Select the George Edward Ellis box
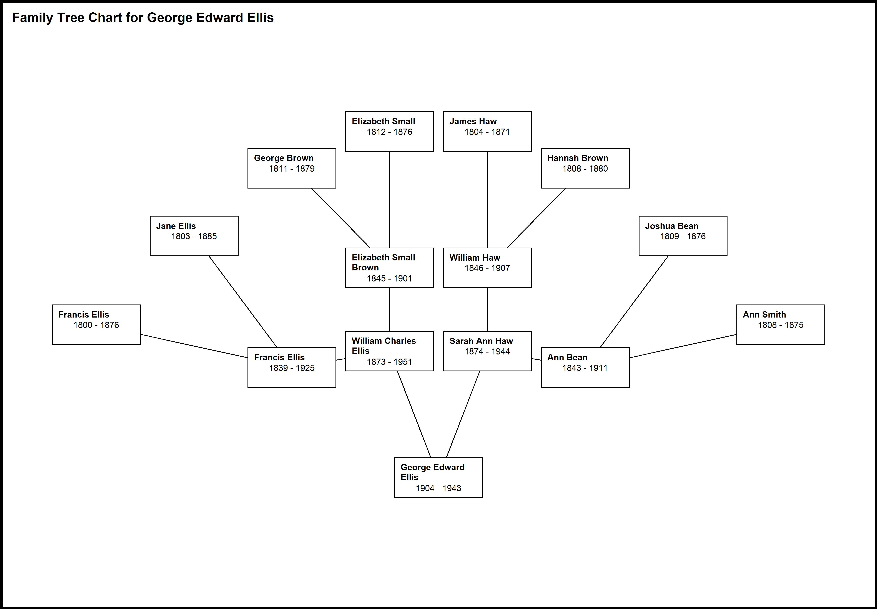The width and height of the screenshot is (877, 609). pos(438,477)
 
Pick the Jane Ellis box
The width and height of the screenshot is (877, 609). pos(194,236)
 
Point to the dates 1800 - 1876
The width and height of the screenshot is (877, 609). pos(96,325)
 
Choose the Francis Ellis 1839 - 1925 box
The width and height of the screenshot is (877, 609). pos(292,367)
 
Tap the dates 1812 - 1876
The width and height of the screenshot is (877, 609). pos(389,132)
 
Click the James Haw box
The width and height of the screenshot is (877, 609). pos(487,131)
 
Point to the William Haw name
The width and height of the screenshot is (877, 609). pos(475,258)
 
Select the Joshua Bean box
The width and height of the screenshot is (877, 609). pos(683,236)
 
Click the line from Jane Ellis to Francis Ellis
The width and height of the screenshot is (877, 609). pos(243,301)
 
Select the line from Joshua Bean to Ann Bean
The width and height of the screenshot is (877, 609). pos(634,301)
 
